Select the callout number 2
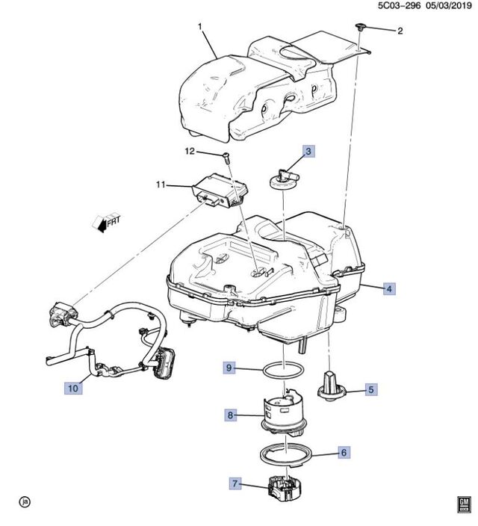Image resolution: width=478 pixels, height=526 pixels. click(399, 31)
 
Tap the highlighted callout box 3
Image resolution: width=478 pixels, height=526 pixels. click(308, 152)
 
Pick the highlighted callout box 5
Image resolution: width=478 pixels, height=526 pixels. click(371, 389)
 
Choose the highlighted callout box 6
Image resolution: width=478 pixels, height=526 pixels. click(344, 453)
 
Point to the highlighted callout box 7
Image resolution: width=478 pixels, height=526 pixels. click(237, 485)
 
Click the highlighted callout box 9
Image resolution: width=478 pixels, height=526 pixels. click(231, 367)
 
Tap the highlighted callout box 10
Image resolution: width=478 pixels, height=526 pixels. click(72, 388)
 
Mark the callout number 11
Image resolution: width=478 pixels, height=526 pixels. click(159, 185)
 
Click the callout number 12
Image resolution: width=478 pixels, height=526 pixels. click(190, 152)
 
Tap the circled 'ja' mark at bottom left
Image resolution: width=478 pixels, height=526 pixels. click(24, 501)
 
